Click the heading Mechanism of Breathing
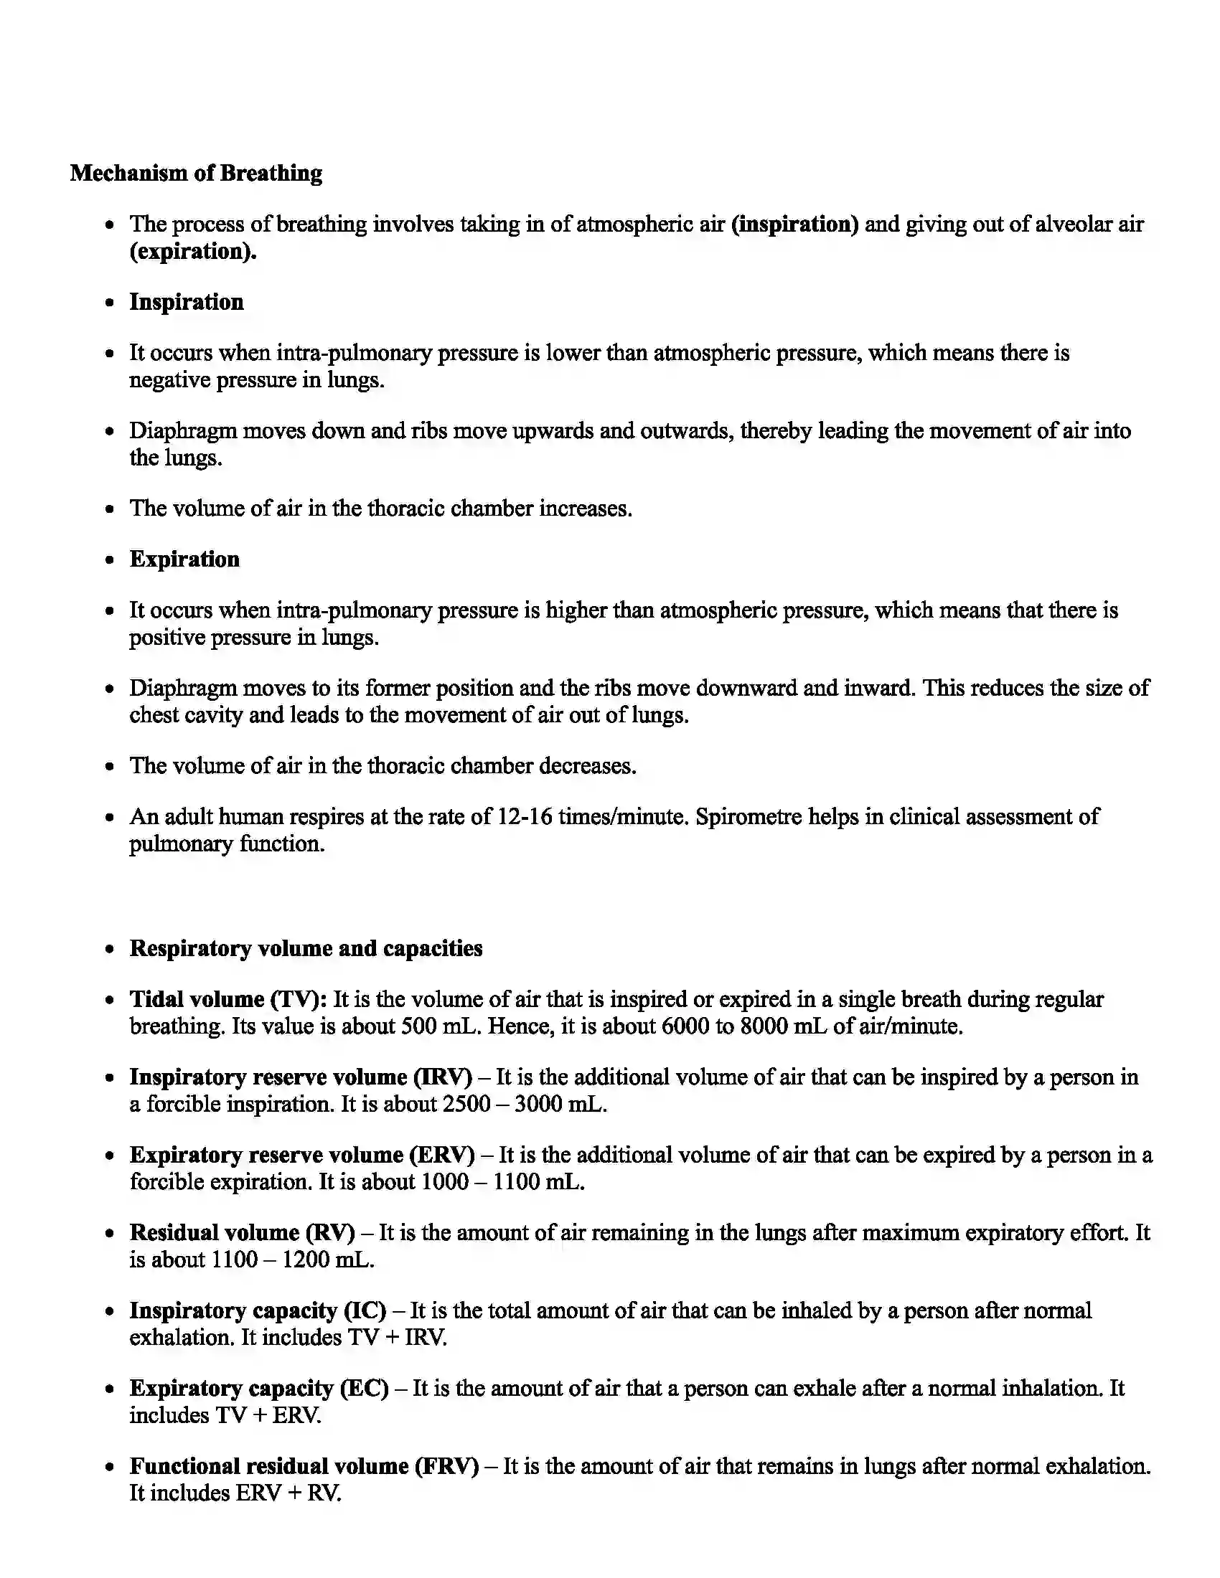tap(196, 174)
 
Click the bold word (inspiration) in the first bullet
tap(795, 224)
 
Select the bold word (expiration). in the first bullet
tap(193, 252)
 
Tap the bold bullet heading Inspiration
tap(187, 302)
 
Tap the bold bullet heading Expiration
tap(184, 559)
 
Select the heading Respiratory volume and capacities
tap(306, 949)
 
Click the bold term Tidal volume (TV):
tap(228, 999)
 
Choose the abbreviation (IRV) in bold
tap(442, 1077)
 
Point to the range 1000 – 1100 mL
tap(502, 1183)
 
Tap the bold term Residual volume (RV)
tap(242, 1234)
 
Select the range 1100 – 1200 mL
tap(291, 1261)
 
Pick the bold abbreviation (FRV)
tap(446, 1467)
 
